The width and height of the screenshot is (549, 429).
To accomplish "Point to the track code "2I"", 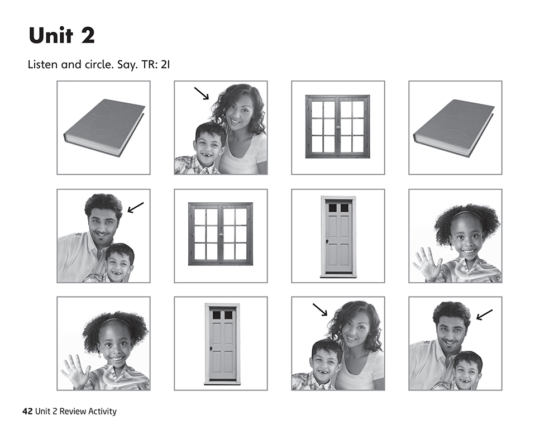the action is pyautogui.click(x=165, y=64).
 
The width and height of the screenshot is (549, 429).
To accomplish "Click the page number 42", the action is pyautogui.click(x=27, y=411).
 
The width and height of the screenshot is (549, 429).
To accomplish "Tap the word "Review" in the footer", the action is pyautogui.click(x=73, y=411).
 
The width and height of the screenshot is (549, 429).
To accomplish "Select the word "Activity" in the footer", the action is pyautogui.click(x=102, y=412).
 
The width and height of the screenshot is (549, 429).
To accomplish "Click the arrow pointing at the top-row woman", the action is pyautogui.click(x=202, y=93).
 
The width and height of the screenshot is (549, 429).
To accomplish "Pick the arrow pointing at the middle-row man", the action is pyautogui.click(x=136, y=207).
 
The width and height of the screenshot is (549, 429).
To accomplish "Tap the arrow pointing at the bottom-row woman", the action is pyautogui.click(x=320, y=309).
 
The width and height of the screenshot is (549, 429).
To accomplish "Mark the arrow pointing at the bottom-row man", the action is pyautogui.click(x=484, y=315).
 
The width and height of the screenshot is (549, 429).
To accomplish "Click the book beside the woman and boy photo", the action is pyautogui.click(x=104, y=128).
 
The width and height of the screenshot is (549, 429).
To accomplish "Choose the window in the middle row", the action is pyautogui.click(x=221, y=233).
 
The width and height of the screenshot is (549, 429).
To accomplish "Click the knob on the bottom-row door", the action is pyautogui.click(x=211, y=349).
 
